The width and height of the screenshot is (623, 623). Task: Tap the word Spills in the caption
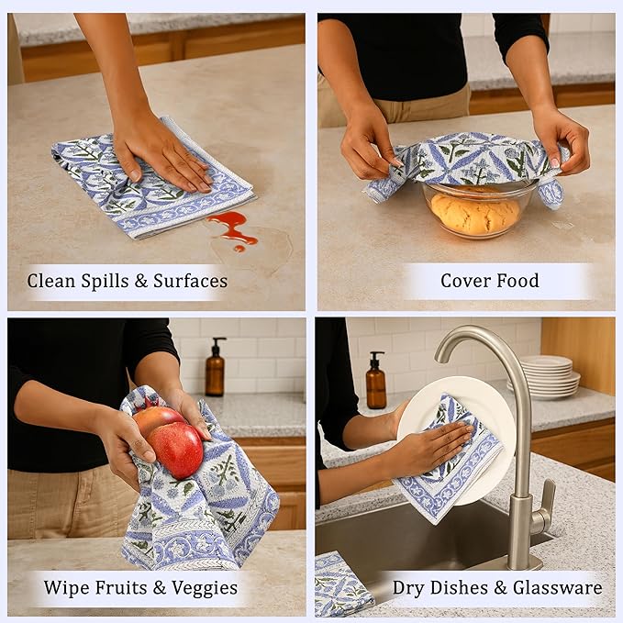105,281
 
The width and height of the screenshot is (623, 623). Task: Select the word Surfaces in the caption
190,281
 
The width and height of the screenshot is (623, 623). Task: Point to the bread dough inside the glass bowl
475,213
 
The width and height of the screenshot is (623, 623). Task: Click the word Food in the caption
517,281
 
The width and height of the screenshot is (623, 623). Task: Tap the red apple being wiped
175,449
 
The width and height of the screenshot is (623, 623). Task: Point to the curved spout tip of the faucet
440,356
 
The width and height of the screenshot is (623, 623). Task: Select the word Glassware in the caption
558,587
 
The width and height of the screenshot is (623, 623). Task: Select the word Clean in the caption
50,281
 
